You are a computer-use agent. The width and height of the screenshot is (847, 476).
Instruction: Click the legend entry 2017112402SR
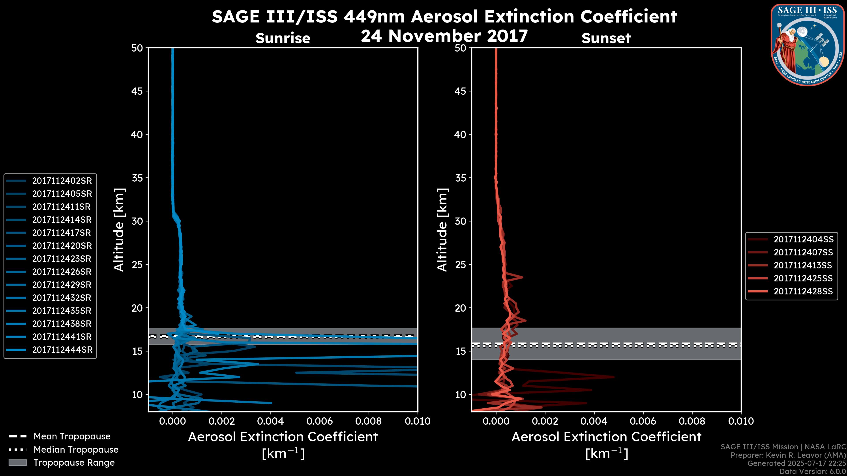[x=62, y=181]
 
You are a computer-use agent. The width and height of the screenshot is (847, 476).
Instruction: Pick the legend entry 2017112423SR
[x=62, y=259]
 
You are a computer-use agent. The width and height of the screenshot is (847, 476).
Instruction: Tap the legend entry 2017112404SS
[x=804, y=240]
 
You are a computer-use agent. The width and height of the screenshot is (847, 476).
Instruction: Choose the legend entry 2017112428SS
[x=803, y=291]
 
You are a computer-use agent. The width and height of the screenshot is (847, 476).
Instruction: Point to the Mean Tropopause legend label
[x=72, y=437]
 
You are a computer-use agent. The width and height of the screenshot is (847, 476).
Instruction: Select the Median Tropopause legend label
[x=76, y=450]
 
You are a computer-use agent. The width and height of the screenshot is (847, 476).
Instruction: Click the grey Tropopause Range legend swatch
[x=18, y=463]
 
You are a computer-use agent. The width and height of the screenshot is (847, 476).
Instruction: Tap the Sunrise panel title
[x=283, y=38]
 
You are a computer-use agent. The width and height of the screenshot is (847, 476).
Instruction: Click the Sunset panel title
[x=606, y=38]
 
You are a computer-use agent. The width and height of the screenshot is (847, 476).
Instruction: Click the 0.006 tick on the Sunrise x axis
[x=320, y=421]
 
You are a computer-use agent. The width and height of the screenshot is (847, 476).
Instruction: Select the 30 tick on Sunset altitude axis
[x=460, y=221]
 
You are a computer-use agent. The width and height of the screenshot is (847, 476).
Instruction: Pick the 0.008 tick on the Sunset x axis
[x=692, y=421]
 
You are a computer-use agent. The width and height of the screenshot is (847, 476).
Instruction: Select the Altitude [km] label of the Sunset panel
[x=442, y=230]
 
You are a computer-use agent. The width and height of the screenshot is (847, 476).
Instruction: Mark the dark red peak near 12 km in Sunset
[x=613, y=377]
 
